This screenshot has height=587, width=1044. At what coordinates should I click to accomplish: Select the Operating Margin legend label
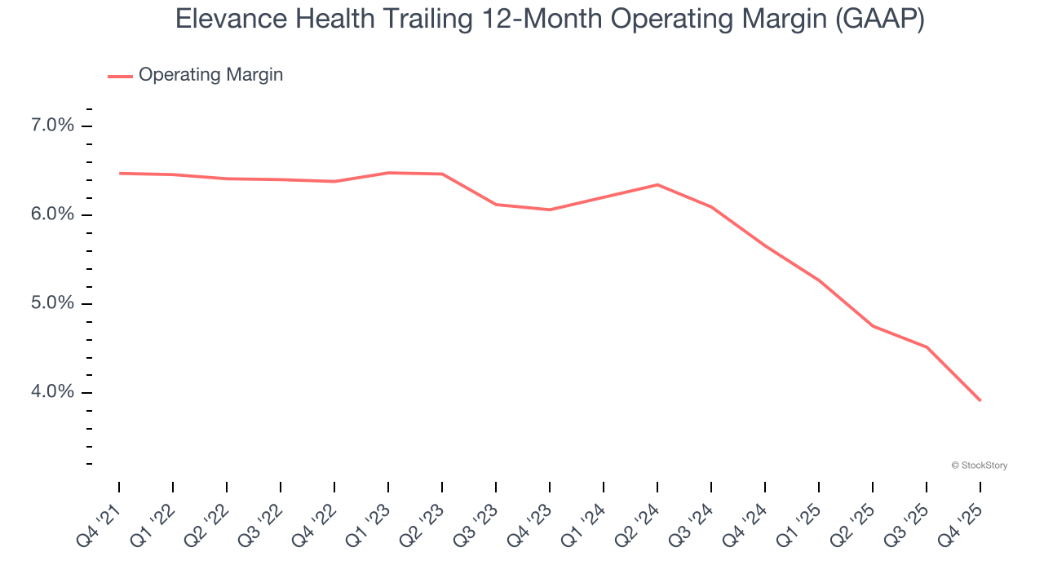pyautogui.click(x=210, y=75)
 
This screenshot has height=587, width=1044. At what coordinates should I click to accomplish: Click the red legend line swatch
pyautogui.click(x=120, y=76)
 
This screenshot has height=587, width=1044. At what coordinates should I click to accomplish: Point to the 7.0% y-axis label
pyautogui.click(x=52, y=126)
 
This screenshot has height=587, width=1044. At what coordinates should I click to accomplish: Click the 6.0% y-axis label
pyautogui.click(x=52, y=214)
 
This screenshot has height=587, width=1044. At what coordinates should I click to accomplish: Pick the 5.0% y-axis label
pyautogui.click(x=52, y=303)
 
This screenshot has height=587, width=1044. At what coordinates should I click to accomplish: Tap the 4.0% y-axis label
pyautogui.click(x=52, y=392)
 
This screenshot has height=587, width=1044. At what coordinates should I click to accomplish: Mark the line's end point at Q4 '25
pyautogui.click(x=980, y=400)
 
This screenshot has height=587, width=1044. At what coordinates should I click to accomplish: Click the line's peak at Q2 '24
pyautogui.click(x=657, y=185)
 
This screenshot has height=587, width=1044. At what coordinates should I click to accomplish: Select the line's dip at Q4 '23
pyautogui.click(x=550, y=210)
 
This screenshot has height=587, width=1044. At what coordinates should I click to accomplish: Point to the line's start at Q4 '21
pyautogui.click(x=119, y=173)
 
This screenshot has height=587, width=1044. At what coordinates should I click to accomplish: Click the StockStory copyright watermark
pyautogui.click(x=979, y=466)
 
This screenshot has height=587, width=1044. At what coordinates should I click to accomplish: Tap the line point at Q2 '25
pyautogui.click(x=873, y=326)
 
